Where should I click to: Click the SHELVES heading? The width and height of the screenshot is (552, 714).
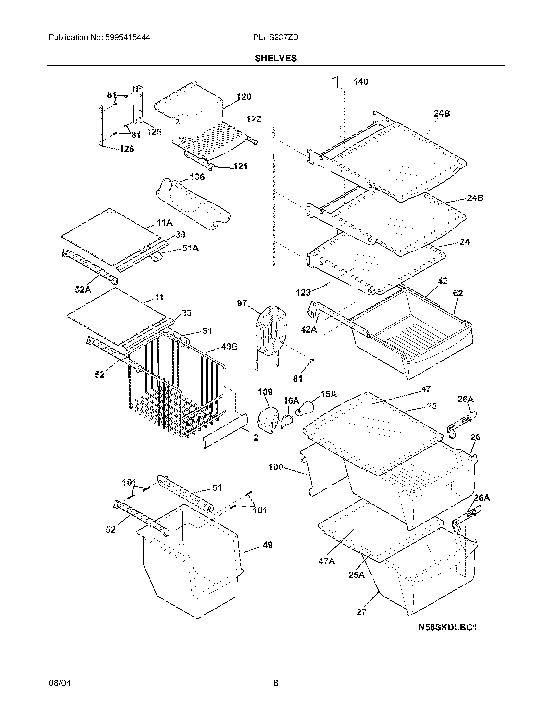276,58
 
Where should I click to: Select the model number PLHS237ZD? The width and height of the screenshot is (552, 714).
276,37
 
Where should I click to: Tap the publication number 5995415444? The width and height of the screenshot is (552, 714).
128,37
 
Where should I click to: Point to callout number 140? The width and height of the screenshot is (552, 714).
360,81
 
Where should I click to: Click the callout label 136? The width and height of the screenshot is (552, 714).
197,177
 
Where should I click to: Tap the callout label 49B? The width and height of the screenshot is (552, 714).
229,347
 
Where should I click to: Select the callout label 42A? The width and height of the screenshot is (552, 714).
309,329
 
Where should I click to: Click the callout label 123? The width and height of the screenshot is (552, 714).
303,292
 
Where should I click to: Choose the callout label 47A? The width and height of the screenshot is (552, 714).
326,561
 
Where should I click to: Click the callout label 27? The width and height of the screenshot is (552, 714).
361,612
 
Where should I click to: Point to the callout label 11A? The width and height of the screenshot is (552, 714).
165,223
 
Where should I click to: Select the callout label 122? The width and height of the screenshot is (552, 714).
254,119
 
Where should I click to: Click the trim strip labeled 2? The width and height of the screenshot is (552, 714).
226,431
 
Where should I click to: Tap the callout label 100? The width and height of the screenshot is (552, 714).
276,467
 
